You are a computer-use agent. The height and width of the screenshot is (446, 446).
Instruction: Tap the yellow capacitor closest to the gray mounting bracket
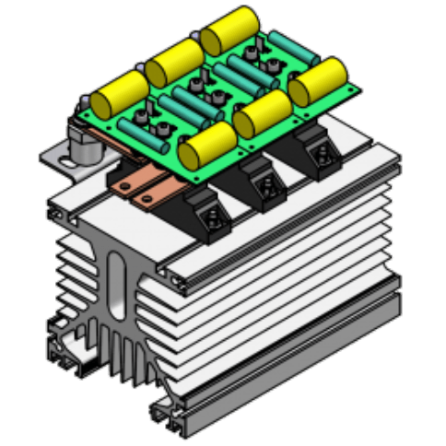point(120,91)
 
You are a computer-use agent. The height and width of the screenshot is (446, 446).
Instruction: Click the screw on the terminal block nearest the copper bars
point(211,217)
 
